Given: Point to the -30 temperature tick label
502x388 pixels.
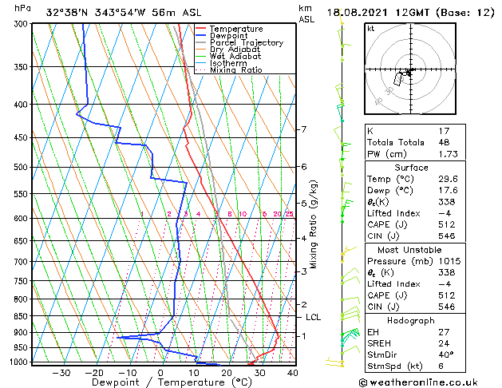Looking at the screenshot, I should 61,373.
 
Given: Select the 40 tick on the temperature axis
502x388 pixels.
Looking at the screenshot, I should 292,373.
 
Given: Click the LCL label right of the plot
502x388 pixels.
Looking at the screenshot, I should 314,317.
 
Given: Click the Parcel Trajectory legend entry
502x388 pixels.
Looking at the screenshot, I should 246,42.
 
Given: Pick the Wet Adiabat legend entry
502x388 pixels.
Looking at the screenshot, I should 235,56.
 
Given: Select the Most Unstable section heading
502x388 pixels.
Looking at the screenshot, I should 411,250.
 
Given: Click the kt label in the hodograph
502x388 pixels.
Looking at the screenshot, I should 370,28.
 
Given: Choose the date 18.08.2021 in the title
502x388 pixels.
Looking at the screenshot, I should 357,11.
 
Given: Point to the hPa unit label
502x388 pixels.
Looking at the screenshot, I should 23,8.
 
